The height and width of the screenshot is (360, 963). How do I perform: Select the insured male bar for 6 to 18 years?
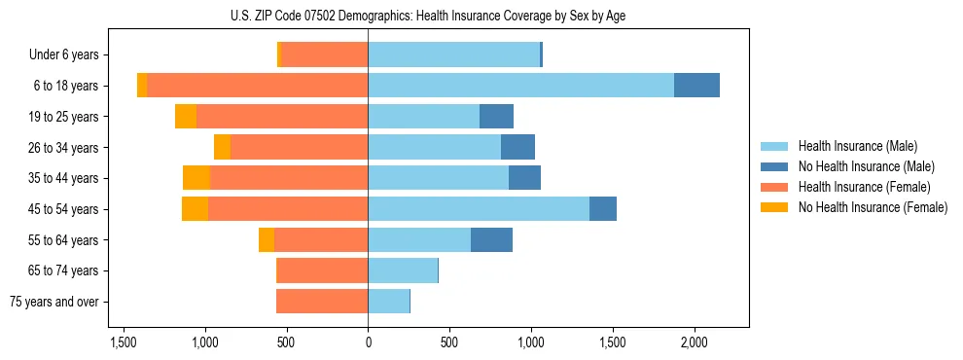coord(520,86)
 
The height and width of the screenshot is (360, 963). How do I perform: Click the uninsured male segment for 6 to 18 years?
coord(696,86)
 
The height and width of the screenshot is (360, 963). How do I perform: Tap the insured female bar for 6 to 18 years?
coord(257,86)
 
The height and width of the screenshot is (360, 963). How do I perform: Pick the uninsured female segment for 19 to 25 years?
coord(186,117)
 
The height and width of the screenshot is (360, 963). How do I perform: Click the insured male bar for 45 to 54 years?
coord(479,209)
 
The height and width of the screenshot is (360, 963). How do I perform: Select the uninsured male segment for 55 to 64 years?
coord(491,240)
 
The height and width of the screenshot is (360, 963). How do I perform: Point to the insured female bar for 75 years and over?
coord(322,302)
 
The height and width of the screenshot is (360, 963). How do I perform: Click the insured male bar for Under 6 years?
coord(453,54)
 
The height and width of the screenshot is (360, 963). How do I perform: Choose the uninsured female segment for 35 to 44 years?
coord(196,178)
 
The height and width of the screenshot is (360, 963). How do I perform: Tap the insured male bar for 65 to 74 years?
coord(403,270)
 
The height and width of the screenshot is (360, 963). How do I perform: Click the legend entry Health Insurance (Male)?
coord(857,146)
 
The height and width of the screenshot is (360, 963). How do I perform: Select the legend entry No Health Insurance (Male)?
coord(866,166)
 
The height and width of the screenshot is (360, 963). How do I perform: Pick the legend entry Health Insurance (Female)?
coord(864,187)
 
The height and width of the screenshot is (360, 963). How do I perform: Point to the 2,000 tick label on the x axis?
coord(694,342)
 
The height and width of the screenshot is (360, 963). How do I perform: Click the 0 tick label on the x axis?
coord(368,342)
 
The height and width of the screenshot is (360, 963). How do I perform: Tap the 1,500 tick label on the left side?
coord(124,342)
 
